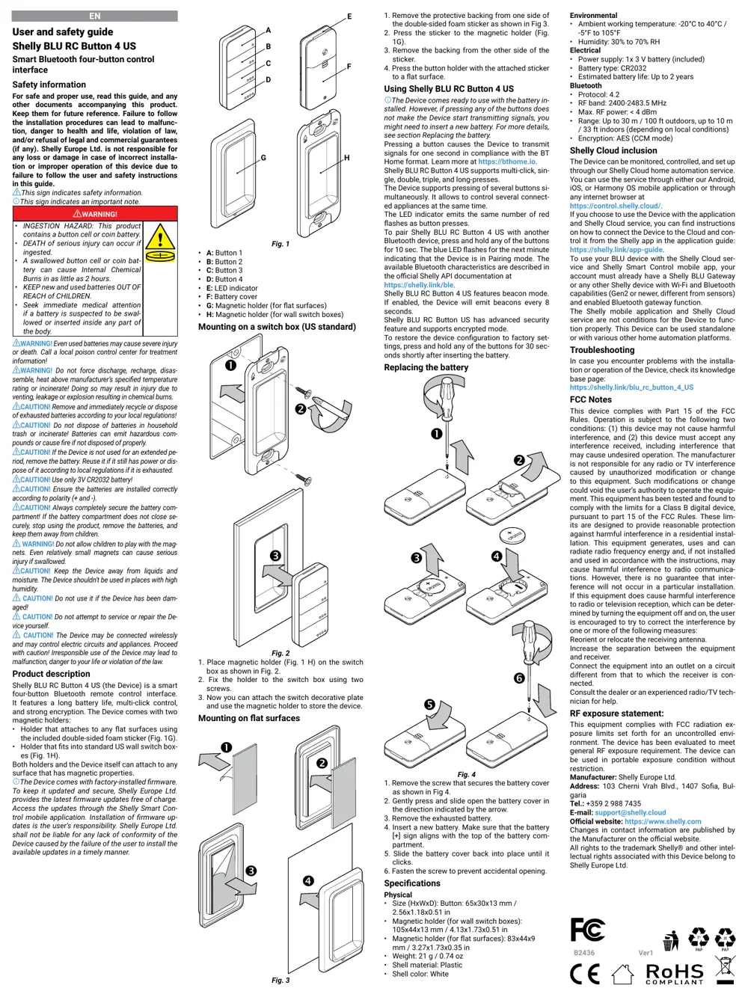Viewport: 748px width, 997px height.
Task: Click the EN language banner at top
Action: click(x=95, y=16)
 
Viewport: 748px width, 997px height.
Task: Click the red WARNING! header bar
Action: click(x=95, y=214)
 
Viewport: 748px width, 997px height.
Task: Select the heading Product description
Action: click(x=51, y=674)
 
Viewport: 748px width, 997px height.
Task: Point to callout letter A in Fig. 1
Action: click(x=269, y=31)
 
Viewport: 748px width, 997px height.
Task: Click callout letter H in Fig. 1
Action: click(x=346, y=158)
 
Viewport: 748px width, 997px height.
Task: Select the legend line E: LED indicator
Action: click(x=232, y=288)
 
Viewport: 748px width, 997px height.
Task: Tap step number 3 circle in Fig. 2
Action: click(x=275, y=556)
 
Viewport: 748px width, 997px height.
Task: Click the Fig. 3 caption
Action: click(x=280, y=980)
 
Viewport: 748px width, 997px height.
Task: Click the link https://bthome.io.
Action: click(x=507, y=162)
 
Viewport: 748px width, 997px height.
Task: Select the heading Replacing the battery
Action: click(x=426, y=367)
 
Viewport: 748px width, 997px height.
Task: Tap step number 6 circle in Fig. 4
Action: click(x=519, y=678)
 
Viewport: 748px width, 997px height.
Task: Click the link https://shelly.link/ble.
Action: click(x=419, y=285)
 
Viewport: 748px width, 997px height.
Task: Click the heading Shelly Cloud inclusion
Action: click(x=613, y=150)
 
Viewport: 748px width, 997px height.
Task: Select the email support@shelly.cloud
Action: click(x=630, y=812)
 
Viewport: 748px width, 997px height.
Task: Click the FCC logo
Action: click(x=587, y=930)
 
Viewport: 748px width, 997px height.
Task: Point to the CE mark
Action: click(x=584, y=973)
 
